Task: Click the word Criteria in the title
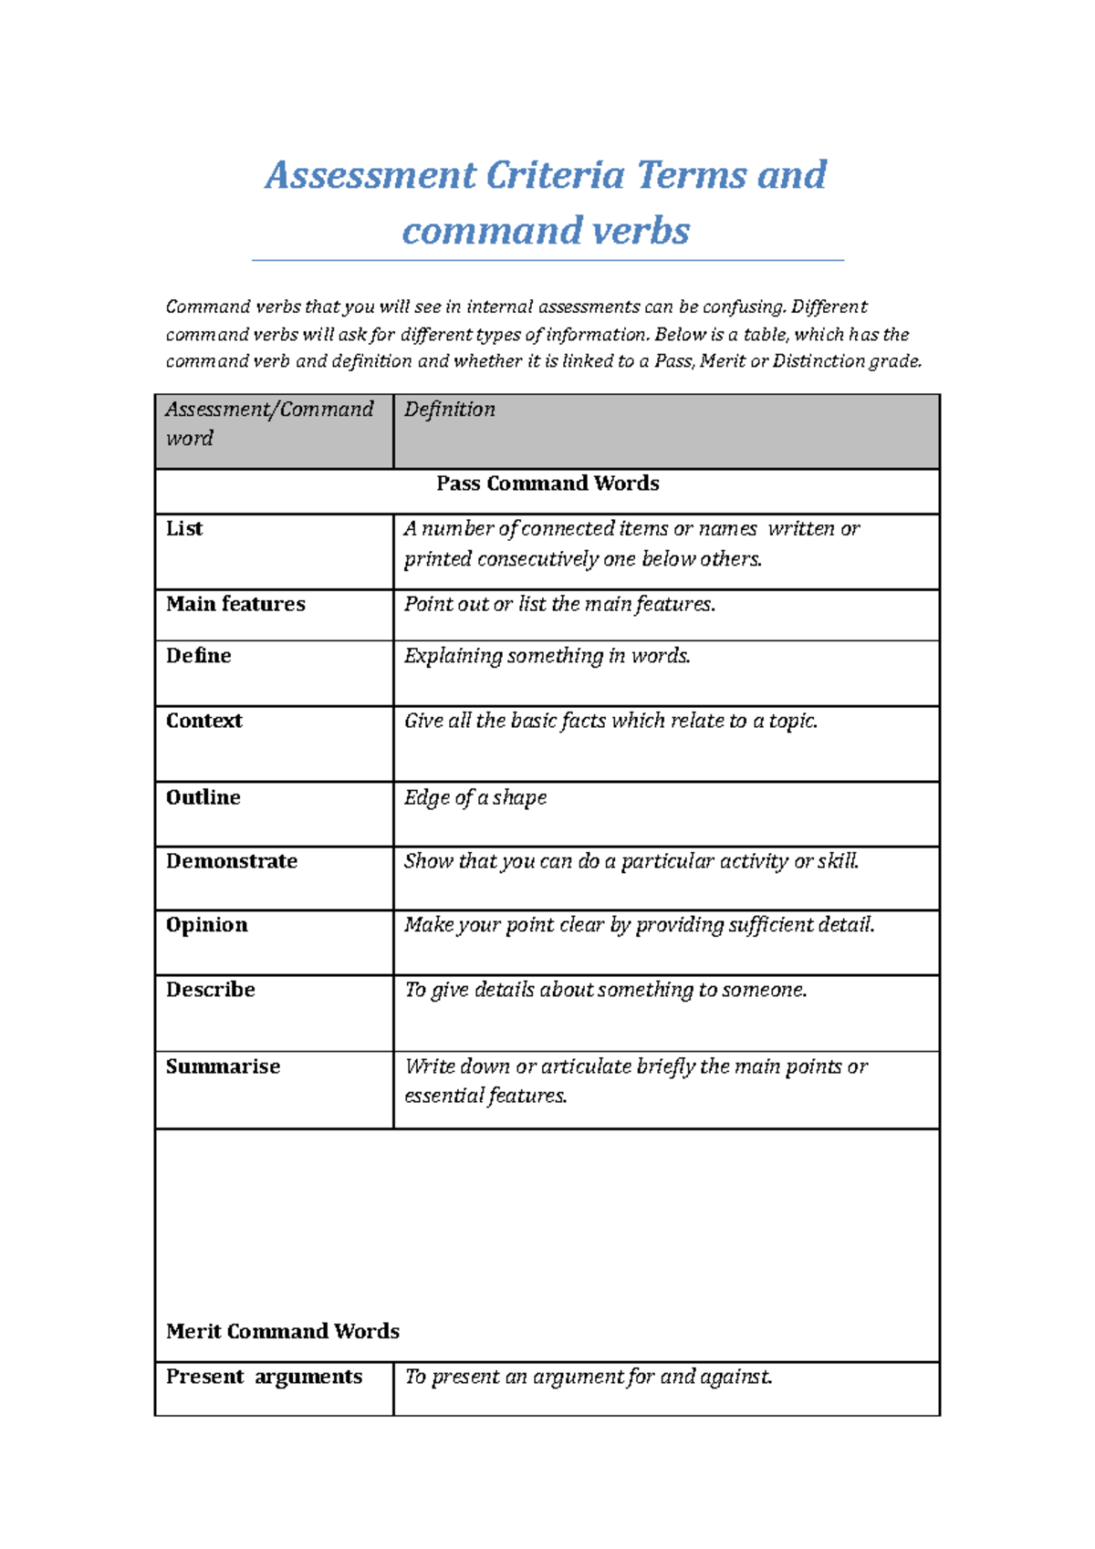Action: pyautogui.click(x=555, y=175)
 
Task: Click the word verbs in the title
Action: pyautogui.click(x=641, y=231)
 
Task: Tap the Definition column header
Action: pyautogui.click(x=450, y=410)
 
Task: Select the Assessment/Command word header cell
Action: pyautogui.click(x=269, y=423)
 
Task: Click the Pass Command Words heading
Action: pyautogui.click(x=547, y=483)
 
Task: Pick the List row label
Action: pyautogui.click(x=184, y=529)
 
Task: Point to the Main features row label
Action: pyautogui.click(x=235, y=604)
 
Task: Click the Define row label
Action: pyautogui.click(x=198, y=656)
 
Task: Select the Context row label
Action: pyautogui.click(x=203, y=721)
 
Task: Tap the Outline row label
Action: pyautogui.click(x=203, y=797)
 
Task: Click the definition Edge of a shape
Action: pyautogui.click(x=475, y=798)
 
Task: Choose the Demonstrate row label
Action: pyautogui.click(x=232, y=861)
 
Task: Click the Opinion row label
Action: pyautogui.click(x=206, y=925)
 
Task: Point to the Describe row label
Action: pyautogui.click(x=210, y=990)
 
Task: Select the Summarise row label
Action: pyautogui.click(x=223, y=1066)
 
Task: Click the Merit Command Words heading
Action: pyautogui.click(x=283, y=1331)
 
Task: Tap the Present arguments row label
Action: pyautogui.click(x=264, y=1377)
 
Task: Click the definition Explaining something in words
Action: pyautogui.click(x=547, y=656)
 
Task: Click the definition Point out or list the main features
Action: pyautogui.click(x=559, y=604)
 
